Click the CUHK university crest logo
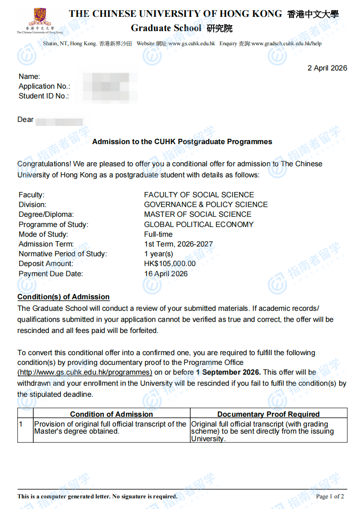point(39,18)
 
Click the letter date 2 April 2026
point(327,68)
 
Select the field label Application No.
point(44,86)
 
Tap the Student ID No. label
point(44,96)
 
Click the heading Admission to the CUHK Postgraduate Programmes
point(182,142)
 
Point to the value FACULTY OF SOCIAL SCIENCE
point(199,195)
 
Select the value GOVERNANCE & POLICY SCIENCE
point(206,204)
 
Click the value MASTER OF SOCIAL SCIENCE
point(198,214)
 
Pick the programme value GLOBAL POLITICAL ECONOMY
point(199,224)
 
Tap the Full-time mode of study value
point(158,234)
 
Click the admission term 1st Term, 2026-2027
point(178,244)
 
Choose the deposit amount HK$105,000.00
point(170,264)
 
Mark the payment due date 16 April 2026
point(166,274)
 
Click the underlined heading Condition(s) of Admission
point(63,297)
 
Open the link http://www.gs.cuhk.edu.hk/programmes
point(85,372)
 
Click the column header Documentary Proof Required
point(268,414)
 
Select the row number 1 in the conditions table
point(20,424)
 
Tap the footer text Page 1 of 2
point(329,496)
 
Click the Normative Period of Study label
point(63,254)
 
